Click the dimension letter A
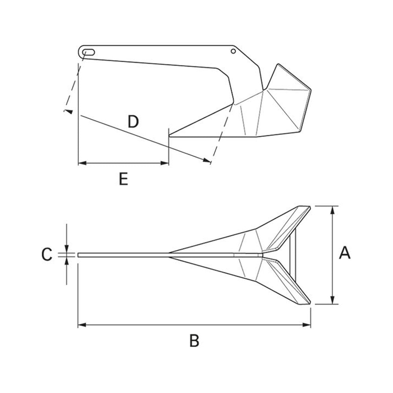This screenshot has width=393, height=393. coord(345,253)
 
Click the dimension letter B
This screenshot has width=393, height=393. coord(194,340)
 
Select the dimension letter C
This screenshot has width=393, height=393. coord(47,254)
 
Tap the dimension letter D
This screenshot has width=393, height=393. coord(134,122)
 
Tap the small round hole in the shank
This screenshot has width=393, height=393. coord(233,51)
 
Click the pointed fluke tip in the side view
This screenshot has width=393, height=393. coord(170,136)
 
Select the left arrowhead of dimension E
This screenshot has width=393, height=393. coord(81,163)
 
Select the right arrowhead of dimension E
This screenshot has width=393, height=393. coord(166,163)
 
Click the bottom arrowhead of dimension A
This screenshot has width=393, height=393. coord(333,301)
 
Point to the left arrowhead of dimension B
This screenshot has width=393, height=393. coord(81,325)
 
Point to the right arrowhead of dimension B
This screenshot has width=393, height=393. coord(308,325)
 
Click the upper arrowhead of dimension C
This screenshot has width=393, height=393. coord(67,250)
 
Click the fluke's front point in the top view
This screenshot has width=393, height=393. coord(170,255)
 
